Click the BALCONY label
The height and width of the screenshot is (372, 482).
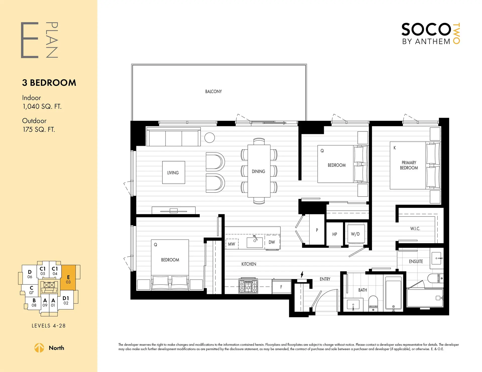[x=213, y=91]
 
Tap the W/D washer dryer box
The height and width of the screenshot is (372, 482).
[x=355, y=234]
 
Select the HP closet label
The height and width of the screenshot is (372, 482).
[x=335, y=234]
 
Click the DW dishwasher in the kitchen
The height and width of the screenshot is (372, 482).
[x=272, y=242]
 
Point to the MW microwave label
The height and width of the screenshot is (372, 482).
[x=231, y=244]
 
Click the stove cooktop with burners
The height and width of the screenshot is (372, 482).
[x=248, y=286]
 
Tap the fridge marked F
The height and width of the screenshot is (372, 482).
[x=281, y=287]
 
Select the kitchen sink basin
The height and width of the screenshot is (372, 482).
[x=255, y=242]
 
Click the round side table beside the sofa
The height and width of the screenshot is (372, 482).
[x=210, y=137]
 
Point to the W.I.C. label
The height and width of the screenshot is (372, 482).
[x=415, y=229]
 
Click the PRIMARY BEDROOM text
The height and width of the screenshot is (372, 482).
[x=409, y=165]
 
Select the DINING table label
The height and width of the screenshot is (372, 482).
[x=258, y=171]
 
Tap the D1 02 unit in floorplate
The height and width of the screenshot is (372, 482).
[x=66, y=300]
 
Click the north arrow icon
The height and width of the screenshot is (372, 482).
[x=39, y=348]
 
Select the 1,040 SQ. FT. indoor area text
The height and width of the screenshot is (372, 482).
[x=42, y=107]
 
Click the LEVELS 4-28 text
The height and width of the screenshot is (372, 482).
[x=48, y=326]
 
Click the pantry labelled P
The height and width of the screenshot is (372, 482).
[x=317, y=230]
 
